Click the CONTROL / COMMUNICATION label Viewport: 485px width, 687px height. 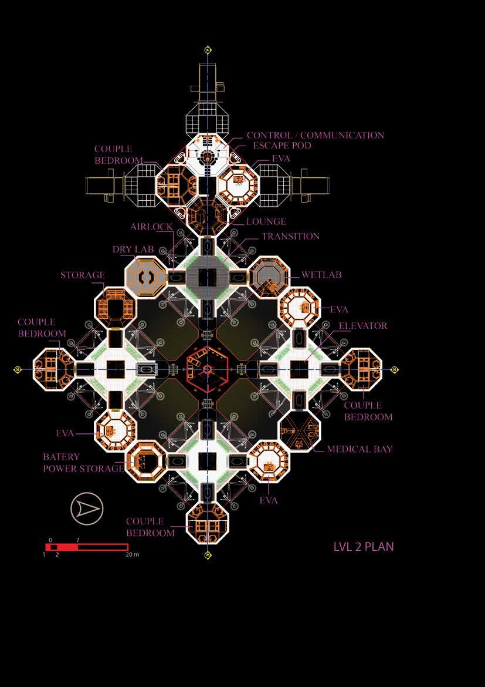point(315,136)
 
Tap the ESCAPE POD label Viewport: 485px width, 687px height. point(282,146)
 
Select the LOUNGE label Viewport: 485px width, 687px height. point(266,222)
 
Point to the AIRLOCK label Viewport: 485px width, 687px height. point(151,227)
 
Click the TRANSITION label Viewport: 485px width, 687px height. point(290,237)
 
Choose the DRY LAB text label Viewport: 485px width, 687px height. point(133,250)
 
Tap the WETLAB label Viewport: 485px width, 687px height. point(321,275)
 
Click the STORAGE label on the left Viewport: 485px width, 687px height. point(83,275)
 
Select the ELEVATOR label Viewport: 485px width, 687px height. point(363,326)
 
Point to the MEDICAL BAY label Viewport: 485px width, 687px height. point(359,449)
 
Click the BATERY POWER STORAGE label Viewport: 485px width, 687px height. point(83,463)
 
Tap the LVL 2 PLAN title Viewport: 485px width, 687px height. point(364,547)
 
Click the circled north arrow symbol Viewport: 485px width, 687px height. point(87,508)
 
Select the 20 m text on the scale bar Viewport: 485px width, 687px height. point(133,554)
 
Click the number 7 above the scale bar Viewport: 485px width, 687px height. point(78,540)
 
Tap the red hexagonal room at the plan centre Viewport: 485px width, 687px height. point(207,369)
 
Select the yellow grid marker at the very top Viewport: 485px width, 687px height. point(207,50)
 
